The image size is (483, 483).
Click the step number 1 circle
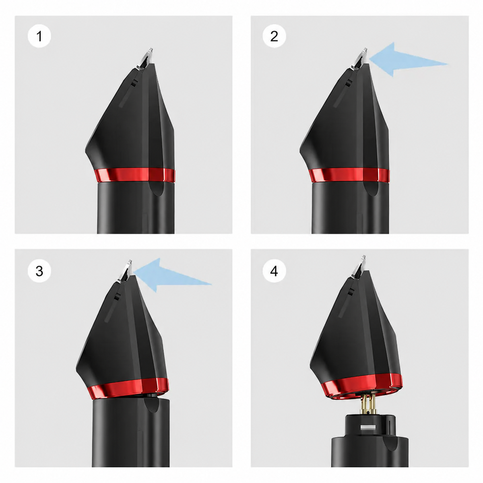click(x=39, y=36)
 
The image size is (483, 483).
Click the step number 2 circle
click(x=274, y=36)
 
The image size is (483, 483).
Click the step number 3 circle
click(x=39, y=271)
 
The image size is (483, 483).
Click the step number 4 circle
click(x=274, y=271)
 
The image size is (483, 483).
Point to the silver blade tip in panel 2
click(x=359, y=58)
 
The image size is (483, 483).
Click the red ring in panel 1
click(x=134, y=175)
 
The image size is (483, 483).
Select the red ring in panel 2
click(x=349, y=175)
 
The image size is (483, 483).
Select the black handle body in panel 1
click(x=136, y=208)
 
